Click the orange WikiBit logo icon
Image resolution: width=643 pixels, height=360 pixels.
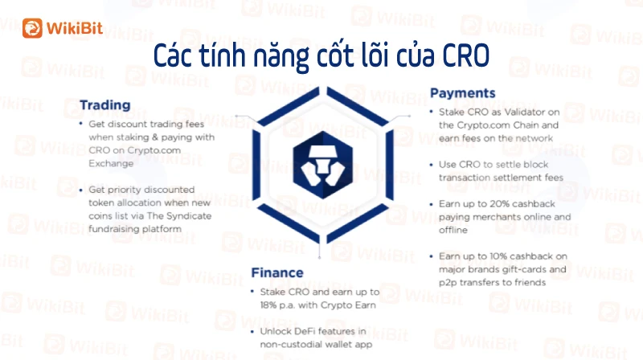(x=32, y=28)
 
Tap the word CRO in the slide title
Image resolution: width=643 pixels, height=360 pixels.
(x=466, y=55)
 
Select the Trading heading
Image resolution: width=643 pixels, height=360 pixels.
(x=105, y=105)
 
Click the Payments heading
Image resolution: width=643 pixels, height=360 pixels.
(x=463, y=93)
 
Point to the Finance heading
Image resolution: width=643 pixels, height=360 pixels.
(x=277, y=272)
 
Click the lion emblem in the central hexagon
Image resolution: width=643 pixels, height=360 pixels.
(x=323, y=166)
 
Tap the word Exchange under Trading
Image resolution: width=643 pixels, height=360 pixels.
(x=111, y=163)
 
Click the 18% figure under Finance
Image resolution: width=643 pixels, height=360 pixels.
(x=268, y=305)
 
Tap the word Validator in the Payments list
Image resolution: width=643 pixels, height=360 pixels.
(x=518, y=112)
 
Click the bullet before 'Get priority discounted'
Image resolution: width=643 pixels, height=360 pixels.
(x=81, y=190)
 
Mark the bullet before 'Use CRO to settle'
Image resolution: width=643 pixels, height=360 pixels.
(x=431, y=165)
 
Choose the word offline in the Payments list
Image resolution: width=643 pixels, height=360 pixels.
(x=453, y=230)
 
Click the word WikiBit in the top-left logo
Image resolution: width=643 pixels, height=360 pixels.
(x=75, y=28)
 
